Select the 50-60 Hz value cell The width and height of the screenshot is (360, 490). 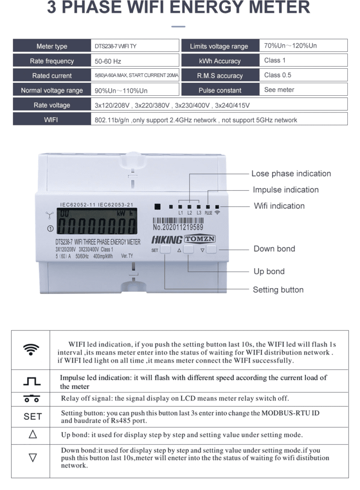pos(108,61)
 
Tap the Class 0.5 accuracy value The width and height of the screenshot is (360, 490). pos(278,75)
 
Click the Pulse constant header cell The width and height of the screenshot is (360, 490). pos(220,90)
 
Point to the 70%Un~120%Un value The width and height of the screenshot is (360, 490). pos(291,46)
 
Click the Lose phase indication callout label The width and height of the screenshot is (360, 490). pos(291,174)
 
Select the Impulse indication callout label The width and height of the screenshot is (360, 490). pos(285,190)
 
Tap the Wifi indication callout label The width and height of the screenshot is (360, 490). pos(279,206)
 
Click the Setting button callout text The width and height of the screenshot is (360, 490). pos(278,290)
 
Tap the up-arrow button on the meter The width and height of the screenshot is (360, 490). pos(189,250)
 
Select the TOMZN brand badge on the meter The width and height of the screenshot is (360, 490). pos(200,239)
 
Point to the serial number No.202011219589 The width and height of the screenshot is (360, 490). pos(177,228)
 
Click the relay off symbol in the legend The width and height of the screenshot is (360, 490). pos(32,399)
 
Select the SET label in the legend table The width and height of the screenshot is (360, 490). pos(32,416)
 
